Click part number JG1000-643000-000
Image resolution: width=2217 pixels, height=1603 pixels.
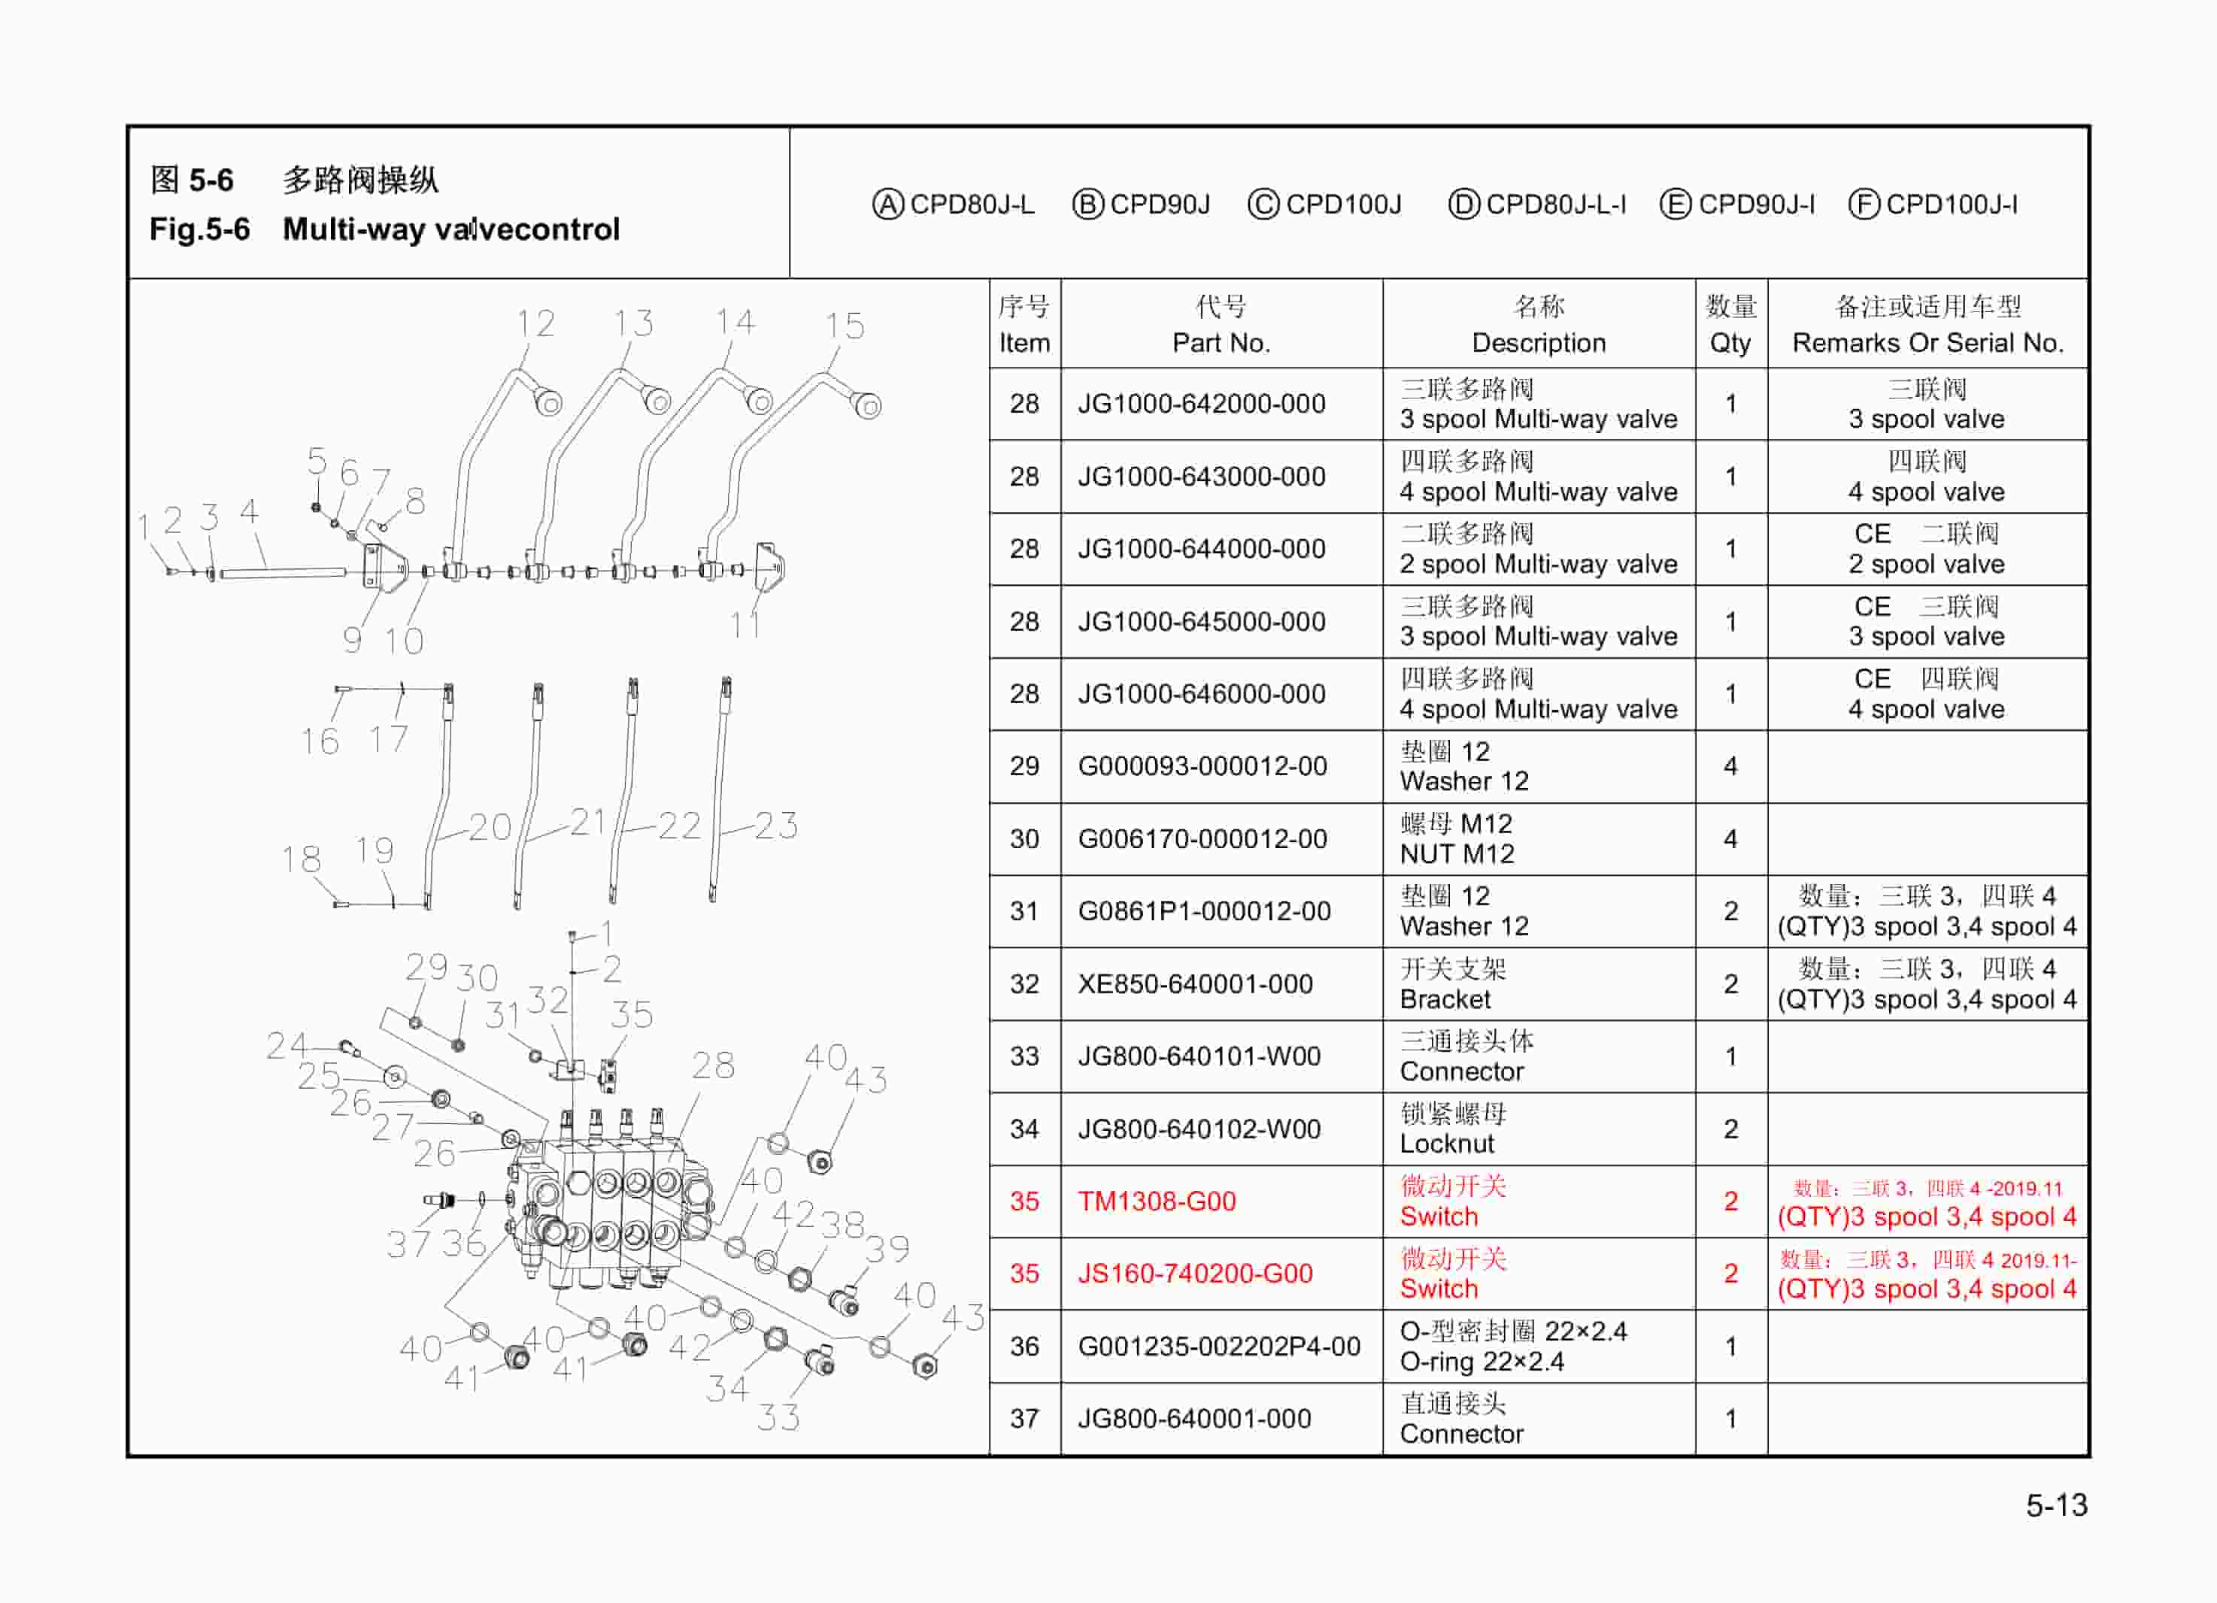click(1201, 477)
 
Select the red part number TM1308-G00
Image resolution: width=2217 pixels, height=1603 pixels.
click(1157, 1201)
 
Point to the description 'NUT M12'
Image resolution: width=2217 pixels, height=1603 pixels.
click(1457, 854)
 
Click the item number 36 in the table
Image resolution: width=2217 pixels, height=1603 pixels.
click(1024, 1346)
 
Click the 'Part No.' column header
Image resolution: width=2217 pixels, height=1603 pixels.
click(1221, 343)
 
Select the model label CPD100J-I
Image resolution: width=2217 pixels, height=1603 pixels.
click(1951, 205)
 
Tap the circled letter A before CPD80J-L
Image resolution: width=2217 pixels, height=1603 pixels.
click(887, 205)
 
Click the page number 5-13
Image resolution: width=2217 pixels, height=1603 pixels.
click(2056, 1505)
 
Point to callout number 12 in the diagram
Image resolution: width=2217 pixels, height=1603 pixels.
click(535, 323)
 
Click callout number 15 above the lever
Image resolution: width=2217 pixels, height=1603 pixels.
click(845, 326)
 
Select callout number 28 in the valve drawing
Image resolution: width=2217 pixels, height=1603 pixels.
click(713, 1065)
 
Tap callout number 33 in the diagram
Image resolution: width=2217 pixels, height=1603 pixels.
click(778, 1417)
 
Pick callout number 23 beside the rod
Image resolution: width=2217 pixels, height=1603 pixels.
click(776, 826)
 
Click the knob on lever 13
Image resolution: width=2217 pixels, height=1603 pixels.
click(657, 401)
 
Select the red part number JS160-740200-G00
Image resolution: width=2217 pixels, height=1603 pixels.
click(1194, 1274)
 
